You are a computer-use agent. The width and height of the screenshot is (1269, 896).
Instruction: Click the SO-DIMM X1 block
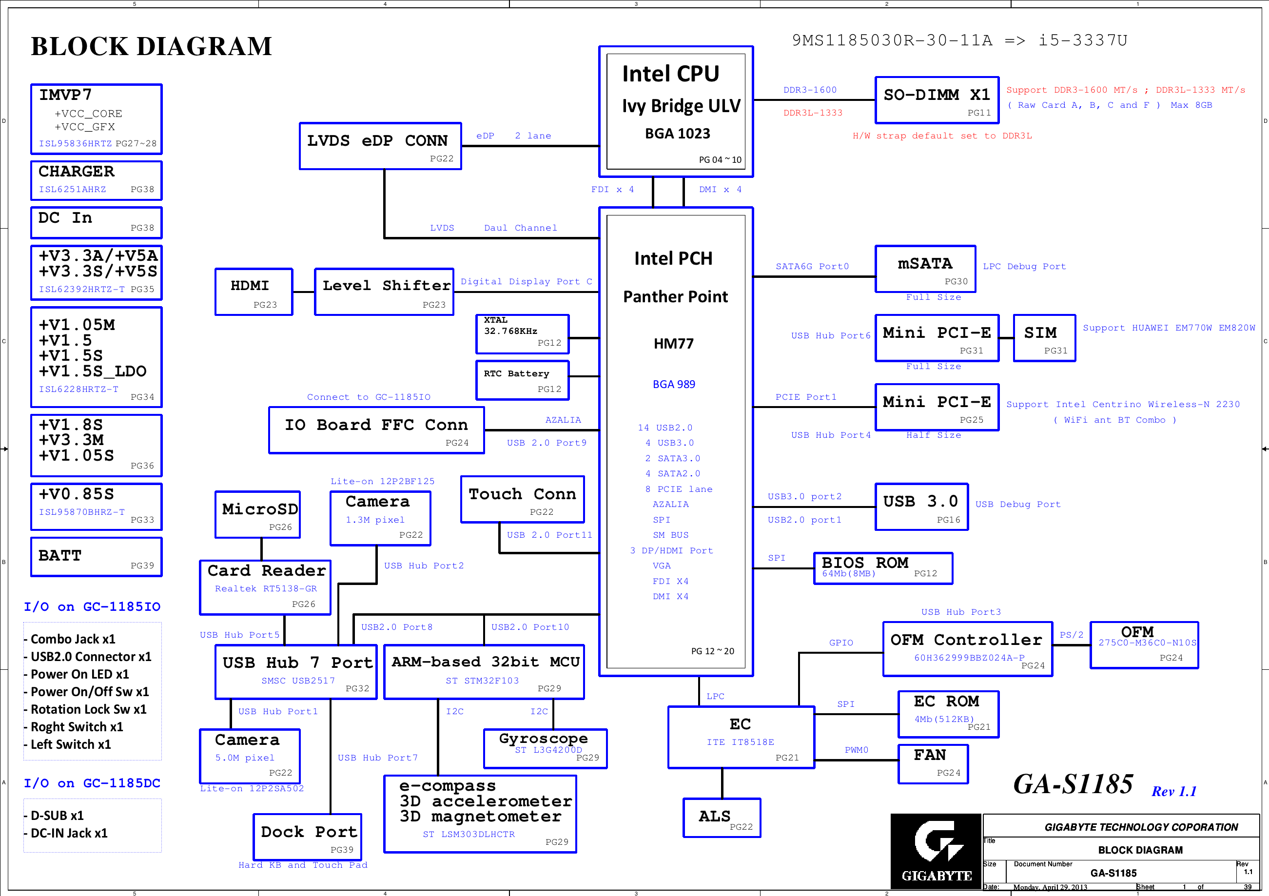point(937,100)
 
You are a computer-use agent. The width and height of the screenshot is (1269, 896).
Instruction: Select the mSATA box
point(925,269)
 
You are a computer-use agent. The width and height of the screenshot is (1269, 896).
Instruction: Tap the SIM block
point(1044,338)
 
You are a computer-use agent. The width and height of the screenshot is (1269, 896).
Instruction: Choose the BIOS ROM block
point(883,567)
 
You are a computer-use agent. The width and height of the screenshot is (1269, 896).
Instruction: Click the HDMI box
point(254,292)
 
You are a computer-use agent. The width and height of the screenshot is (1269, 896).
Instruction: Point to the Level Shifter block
point(384,292)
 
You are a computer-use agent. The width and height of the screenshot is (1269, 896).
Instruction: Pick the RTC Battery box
point(522,380)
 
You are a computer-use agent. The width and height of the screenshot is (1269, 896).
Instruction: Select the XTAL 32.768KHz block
point(522,334)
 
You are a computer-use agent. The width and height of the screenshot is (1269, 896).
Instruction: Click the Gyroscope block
point(545,748)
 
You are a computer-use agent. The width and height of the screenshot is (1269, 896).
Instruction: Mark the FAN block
point(933,763)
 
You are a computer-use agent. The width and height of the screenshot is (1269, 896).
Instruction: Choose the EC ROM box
point(948,714)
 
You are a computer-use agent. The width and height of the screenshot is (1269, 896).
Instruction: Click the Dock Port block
point(308,837)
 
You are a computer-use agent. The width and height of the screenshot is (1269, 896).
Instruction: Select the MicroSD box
point(257,514)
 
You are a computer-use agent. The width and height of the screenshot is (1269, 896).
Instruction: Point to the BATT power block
point(96,557)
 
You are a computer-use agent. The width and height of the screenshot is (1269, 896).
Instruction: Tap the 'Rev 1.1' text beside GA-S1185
point(1173,791)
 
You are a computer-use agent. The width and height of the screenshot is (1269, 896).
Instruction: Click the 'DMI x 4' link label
point(720,190)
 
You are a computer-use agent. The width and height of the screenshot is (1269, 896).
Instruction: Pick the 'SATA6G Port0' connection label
point(812,267)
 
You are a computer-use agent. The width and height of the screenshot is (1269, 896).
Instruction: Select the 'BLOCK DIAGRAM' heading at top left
point(152,46)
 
